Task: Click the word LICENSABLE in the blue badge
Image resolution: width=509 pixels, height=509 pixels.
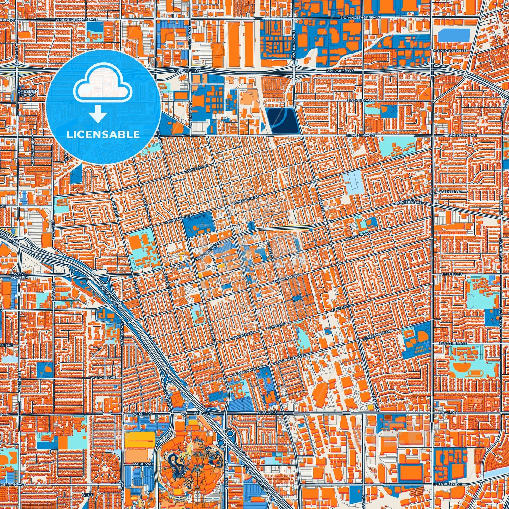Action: tap(103, 135)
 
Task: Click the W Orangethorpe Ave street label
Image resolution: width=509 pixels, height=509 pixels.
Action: tap(77, 20)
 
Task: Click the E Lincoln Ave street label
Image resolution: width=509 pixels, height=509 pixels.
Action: tap(408, 203)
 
